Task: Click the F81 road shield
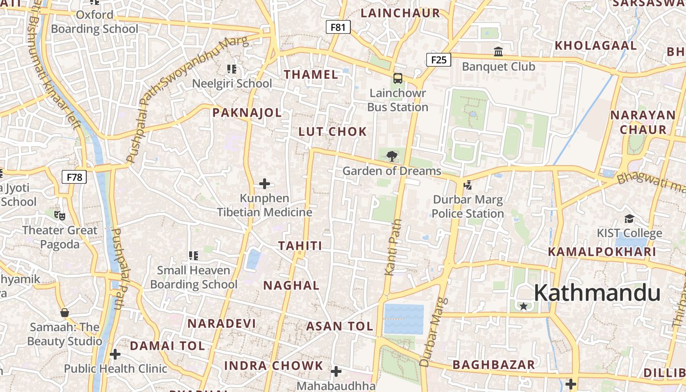coord(338,27)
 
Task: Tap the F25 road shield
coord(439,60)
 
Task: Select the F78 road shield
coord(74,177)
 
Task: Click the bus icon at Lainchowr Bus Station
coord(398,78)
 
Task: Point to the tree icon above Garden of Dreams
coord(392,156)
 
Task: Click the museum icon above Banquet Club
coord(498,51)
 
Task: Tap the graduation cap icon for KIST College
coord(629,219)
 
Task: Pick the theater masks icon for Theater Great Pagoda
coord(60,215)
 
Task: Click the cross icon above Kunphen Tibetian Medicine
coord(265,184)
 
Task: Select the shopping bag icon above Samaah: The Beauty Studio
coord(64,312)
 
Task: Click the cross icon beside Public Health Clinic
coord(115,354)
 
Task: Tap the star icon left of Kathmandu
coord(523,306)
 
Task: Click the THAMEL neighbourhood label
coord(311,74)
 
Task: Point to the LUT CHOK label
coord(333,131)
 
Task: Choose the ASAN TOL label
coord(340,326)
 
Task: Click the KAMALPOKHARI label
coord(602,252)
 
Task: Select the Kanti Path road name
coord(393,247)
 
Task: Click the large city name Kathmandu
coord(597,293)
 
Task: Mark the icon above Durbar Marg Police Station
coord(467,185)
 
